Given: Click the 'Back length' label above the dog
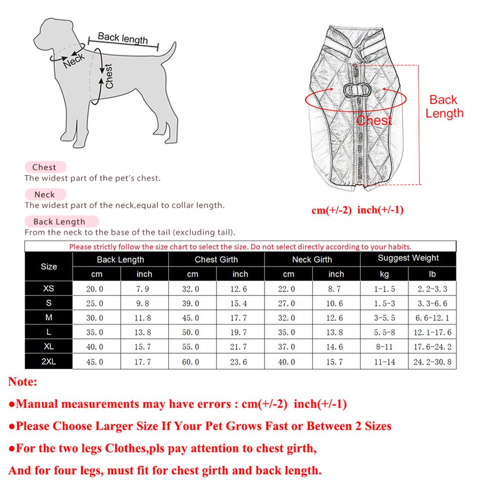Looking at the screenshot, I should click(x=122, y=38).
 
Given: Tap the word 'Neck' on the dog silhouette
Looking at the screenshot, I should click(x=73, y=60).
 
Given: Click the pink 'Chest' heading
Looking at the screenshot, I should click(x=44, y=167).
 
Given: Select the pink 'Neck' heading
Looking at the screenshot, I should click(x=44, y=194).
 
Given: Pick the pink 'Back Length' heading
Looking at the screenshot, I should click(x=59, y=222).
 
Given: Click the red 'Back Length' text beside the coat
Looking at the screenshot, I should click(x=444, y=106).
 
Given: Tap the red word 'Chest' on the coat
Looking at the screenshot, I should click(x=374, y=121).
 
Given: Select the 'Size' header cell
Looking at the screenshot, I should click(x=49, y=266).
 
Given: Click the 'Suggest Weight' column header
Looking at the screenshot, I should click(x=408, y=258).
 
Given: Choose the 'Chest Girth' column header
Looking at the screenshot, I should click(x=216, y=259).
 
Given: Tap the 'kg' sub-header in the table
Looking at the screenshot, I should click(x=384, y=274).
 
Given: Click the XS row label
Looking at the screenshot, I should click(x=49, y=289).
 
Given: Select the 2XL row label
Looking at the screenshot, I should click(x=49, y=362).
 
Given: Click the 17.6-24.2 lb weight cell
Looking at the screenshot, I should click(x=432, y=347).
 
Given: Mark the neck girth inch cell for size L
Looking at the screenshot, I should click(x=335, y=333).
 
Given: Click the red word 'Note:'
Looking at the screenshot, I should click(x=23, y=382).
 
